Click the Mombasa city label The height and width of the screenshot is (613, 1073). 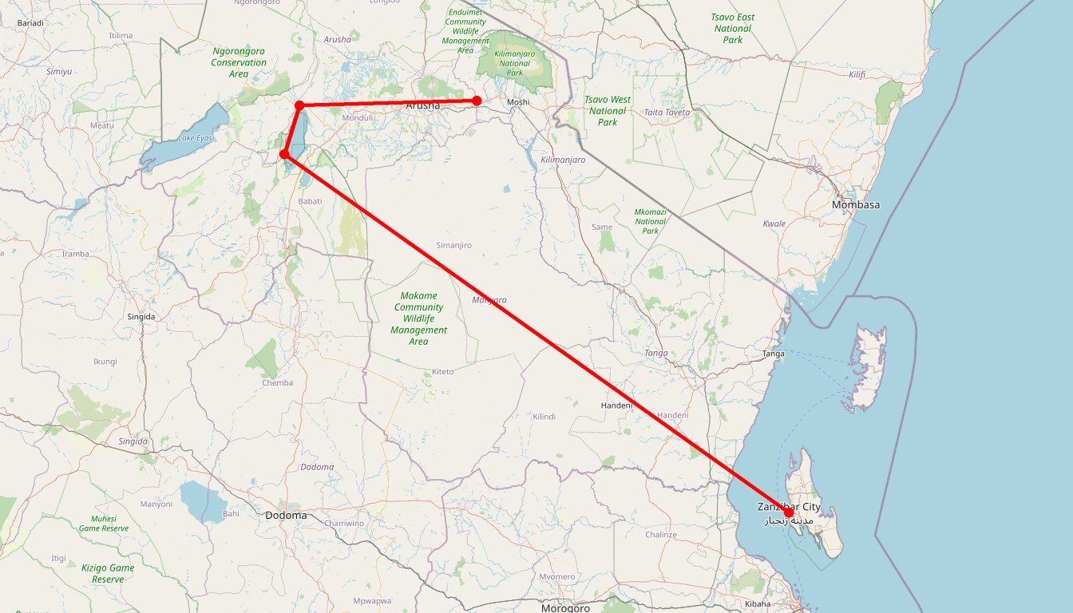click(855, 205)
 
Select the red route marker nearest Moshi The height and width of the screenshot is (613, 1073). click(477, 101)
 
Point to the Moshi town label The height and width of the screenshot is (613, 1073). click(518, 103)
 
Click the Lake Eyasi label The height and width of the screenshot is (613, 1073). click(196, 138)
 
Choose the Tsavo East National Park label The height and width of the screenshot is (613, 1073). click(732, 28)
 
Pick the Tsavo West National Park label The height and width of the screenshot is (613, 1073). click(608, 111)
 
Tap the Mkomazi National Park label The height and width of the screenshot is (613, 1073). click(650, 221)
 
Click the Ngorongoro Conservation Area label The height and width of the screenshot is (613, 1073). click(239, 62)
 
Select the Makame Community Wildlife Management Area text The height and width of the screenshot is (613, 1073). click(418, 318)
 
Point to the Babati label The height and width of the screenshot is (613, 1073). click(310, 201)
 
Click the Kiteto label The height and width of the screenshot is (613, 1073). click(442, 372)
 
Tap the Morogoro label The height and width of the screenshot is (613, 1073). click(565, 608)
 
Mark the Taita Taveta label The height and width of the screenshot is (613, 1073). click(667, 113)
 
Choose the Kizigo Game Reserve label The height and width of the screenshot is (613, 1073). click(108, 573)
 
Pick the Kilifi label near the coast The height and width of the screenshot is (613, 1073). click(857, 74)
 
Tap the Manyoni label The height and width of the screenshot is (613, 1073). click(156, 504)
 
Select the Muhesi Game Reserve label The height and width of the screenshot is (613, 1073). click(104, 524)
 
